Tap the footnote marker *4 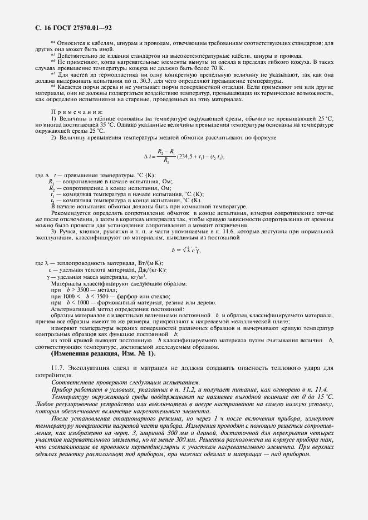53,42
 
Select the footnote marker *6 53,61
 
